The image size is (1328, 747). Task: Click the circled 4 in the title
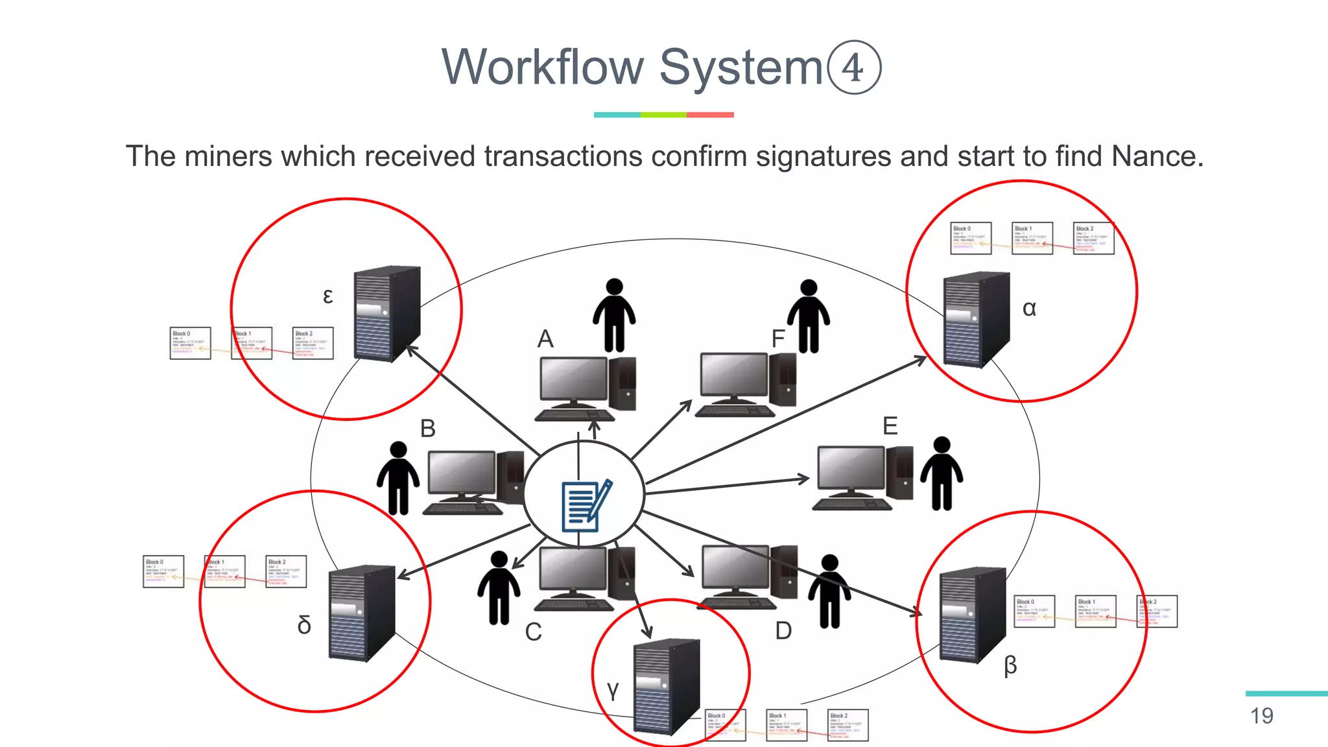(853, 67)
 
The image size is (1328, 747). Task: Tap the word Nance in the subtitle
(1157, 157)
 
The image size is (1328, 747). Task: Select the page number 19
(1261, 716)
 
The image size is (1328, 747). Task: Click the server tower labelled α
(976, 319)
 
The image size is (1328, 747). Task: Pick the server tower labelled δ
(361, 613)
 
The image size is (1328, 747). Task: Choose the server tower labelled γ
(667, 686)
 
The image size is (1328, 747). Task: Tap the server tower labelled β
(972, 614)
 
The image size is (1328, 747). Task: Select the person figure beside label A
(614, 315)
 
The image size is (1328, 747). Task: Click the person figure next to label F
(809, 316)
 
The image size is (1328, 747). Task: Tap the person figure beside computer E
(942, 473)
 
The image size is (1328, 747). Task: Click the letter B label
(427, 429)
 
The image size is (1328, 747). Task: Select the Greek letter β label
(1010, 666)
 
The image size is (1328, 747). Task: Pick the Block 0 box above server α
(971, 238)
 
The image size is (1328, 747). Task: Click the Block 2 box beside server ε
(313, 343)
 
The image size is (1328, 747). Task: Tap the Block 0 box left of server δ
(163, 571)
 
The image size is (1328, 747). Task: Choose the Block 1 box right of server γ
(787, 725)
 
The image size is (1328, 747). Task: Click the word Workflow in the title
(543, 67)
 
